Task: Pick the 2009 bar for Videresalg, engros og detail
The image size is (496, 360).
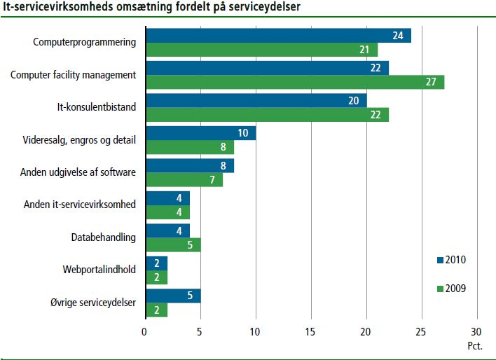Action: point(189,147)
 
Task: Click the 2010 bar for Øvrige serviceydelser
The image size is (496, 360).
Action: point(172,296)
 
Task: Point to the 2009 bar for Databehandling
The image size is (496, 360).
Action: point(172,245)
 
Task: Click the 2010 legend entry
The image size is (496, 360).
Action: point(450,260)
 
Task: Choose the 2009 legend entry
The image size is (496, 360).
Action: point(450,288)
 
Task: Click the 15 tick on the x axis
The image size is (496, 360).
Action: point(311,331)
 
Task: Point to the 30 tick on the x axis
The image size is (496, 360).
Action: point(477,331)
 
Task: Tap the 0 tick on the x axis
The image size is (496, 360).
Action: point(145,331)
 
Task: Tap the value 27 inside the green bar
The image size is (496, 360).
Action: point(430,82)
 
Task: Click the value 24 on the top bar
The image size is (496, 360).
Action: point(397,35)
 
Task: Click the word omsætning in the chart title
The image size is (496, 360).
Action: point(122,8)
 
